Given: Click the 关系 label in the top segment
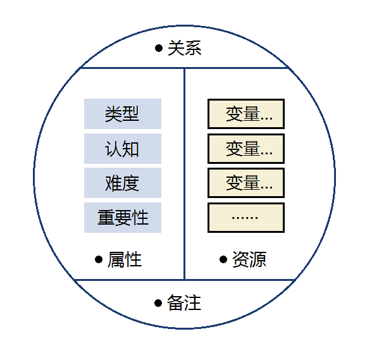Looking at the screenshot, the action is coord(185,48).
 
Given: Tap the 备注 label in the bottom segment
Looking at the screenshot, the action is coord(184,302).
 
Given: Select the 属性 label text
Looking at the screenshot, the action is coord(125,259).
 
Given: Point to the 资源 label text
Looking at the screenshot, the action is coord(249,259).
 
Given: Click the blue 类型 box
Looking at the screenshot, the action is coord(123,114).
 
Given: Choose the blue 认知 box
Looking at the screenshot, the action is coord(123,149).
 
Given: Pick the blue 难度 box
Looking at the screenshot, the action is coord(123,183).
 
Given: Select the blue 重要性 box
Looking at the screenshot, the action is coord(123,218).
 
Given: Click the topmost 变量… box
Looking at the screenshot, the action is coord(246,114).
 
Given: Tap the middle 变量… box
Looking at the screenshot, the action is coord(246,149).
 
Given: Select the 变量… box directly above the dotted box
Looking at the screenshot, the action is coord(246,183).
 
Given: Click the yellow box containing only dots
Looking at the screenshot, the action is coord(246,218).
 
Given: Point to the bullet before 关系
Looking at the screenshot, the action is coord(159,48).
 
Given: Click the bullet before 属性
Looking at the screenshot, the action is coord(99,259).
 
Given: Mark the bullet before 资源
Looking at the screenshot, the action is coord(223,259).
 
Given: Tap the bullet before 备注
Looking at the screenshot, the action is coord(158,303).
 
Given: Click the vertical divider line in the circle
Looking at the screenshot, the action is coord(184,174).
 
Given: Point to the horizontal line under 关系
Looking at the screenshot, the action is coord(184,68).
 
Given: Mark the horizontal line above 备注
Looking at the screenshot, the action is coord(184,280).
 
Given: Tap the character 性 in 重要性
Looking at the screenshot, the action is coord(140,218).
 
